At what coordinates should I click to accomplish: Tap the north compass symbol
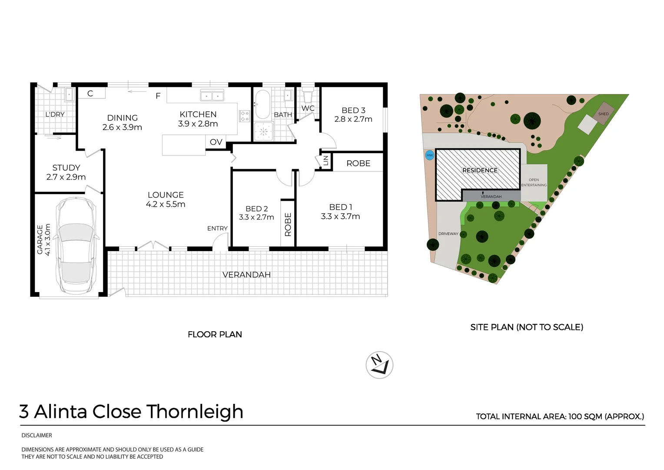379,365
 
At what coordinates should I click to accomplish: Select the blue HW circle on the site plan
429,155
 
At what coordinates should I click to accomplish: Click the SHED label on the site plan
603,114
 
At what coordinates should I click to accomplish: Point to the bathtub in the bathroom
262,104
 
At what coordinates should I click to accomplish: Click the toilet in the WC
308,94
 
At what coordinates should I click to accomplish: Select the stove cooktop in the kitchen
245,116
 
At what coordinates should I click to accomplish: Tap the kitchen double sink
212,96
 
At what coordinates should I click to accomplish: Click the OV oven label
216,142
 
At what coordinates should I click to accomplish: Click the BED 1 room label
341,207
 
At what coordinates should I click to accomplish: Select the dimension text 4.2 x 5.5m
166,204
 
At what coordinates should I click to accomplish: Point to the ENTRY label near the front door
217,228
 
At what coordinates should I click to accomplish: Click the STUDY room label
66,168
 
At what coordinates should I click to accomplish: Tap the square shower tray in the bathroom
263,131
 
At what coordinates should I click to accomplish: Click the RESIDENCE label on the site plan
480,170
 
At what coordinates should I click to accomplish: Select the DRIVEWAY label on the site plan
448,234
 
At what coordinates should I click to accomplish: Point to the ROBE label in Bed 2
288,224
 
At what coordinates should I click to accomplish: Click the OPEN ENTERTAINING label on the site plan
534,182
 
